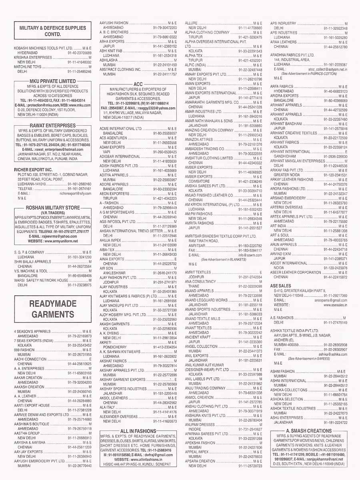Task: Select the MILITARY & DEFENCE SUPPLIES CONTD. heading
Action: pyautogui.click(x=53, y=31)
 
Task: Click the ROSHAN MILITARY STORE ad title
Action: pyautogui.click(x=53, y=208)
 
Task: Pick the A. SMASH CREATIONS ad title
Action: pyautogui.click(x=309, y=430)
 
